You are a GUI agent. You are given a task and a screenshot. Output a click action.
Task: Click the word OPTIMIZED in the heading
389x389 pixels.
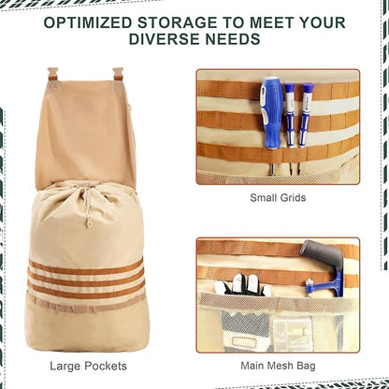click(x=88, y=22)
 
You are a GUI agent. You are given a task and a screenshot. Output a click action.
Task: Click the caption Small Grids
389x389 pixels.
click(x=278, y=197)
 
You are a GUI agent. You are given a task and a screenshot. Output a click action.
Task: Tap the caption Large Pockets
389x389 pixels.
click(x=88, y=366)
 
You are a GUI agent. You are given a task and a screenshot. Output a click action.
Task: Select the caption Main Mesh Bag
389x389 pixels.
click(x=278, y=366)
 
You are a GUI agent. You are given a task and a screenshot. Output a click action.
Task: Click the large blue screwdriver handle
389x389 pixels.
click(x=272, y=112)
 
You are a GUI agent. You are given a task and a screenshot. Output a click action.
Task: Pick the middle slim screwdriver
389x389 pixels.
click(x=290, y=115)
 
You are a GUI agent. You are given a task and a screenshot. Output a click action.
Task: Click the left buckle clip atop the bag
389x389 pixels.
click(x=52, y=74)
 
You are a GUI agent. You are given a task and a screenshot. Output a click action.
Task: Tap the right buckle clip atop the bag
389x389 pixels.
click(x=118, y=74)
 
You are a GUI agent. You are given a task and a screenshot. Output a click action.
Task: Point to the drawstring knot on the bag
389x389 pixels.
click(x=89, y=223)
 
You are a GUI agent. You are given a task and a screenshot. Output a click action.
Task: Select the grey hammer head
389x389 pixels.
click(x=322, y=252)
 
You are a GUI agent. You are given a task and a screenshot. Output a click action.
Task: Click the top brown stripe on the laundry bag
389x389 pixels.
click(x=86, y=267)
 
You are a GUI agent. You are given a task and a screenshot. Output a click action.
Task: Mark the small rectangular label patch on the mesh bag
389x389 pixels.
click(x=244, y=342)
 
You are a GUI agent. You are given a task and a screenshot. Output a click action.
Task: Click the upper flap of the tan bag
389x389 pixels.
click(x=86, y=134)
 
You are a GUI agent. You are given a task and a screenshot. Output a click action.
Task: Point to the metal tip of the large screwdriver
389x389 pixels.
click(x=272, y=169)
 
